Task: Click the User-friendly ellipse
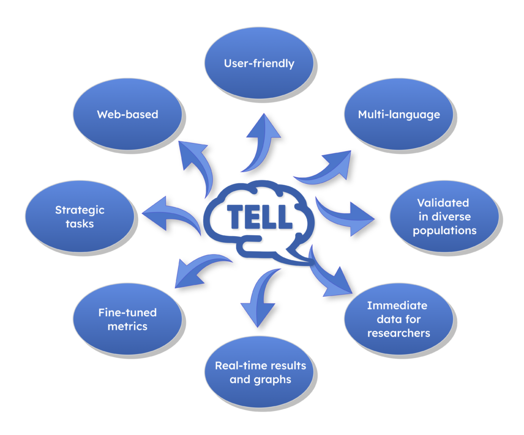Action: pos(259,64)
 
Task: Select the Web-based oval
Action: pos(127,114)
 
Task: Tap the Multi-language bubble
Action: pos(399,114)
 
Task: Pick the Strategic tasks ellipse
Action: pos(80,216)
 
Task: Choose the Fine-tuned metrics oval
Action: pos(127,319)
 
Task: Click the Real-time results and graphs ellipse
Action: pos(260,372)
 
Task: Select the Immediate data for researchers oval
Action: pos(398,319)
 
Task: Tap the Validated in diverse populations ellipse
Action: pos(444,216)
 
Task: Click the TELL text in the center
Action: pos(261,217)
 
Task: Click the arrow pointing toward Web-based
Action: pos(197,164)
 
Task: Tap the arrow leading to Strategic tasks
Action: pos(171,213)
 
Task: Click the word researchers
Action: pos(398,333)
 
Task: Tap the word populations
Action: pos(444,230)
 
